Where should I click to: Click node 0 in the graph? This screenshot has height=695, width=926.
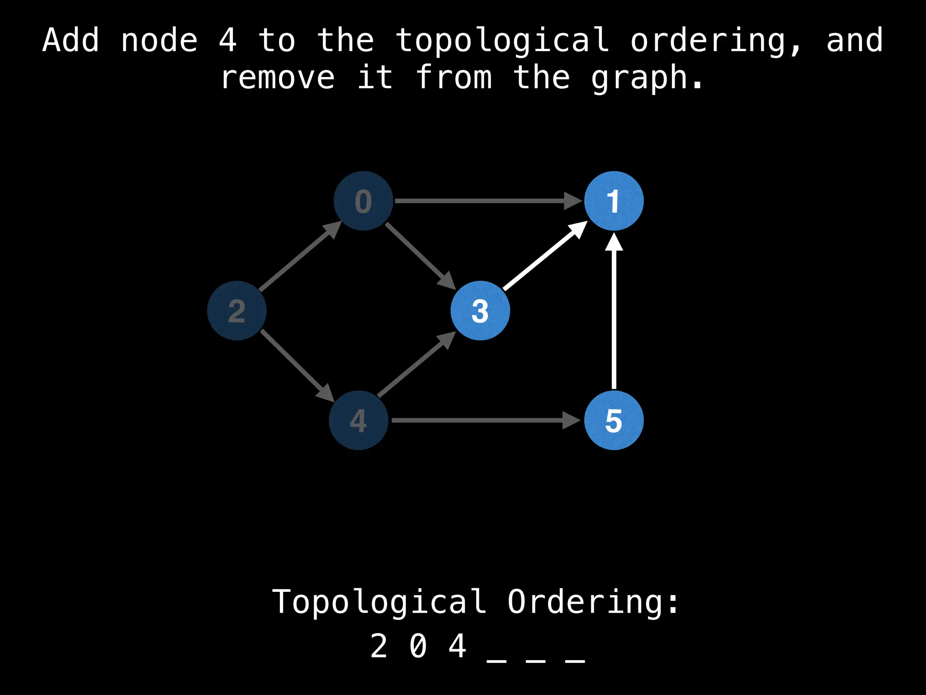[363, 201]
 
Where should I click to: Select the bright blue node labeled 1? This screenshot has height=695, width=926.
[614, 201]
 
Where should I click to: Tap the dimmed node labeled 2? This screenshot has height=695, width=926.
[236, 311]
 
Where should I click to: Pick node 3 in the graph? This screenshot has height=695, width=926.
[480, 311]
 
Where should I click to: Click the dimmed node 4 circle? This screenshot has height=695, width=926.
[359, 420]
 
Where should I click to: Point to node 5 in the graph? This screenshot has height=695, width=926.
[614, 420]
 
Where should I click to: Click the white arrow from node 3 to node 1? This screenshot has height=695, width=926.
[545, 257]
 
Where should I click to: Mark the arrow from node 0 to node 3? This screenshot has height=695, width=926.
[420, 256]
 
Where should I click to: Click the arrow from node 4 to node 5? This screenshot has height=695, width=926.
[484, 420]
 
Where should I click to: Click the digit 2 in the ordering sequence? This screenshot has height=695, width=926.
[379, 646]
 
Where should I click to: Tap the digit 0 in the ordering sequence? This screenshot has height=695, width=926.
[418, 646]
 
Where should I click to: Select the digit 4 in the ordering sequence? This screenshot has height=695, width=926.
[457, 646]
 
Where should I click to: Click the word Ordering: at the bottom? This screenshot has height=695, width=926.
[593, 602]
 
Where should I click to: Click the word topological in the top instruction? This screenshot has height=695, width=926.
[502, 41]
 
